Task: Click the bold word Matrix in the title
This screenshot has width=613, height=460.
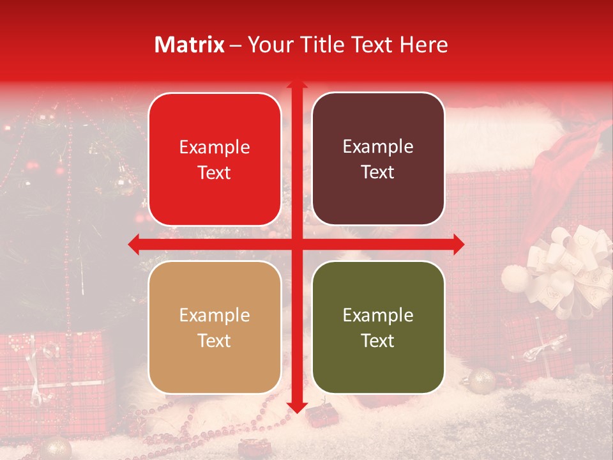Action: [190, 45]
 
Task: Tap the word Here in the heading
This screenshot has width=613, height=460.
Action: [424, 45]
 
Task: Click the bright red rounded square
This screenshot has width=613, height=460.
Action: [215, 160]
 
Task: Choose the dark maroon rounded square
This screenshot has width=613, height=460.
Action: [378, 160]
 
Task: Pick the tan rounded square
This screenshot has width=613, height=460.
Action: [215, 327]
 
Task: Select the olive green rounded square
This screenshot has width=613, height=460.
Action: [378, 327]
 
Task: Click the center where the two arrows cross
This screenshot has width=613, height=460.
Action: [296, 244]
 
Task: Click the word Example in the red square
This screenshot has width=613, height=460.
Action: [215, 148]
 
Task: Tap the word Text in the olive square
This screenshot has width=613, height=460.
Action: [378, 341]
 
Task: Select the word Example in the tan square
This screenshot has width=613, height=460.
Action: [215, 315]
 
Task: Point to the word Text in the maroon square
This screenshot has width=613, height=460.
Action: [378, 172]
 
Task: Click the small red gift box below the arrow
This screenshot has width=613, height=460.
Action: [317, 416]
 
